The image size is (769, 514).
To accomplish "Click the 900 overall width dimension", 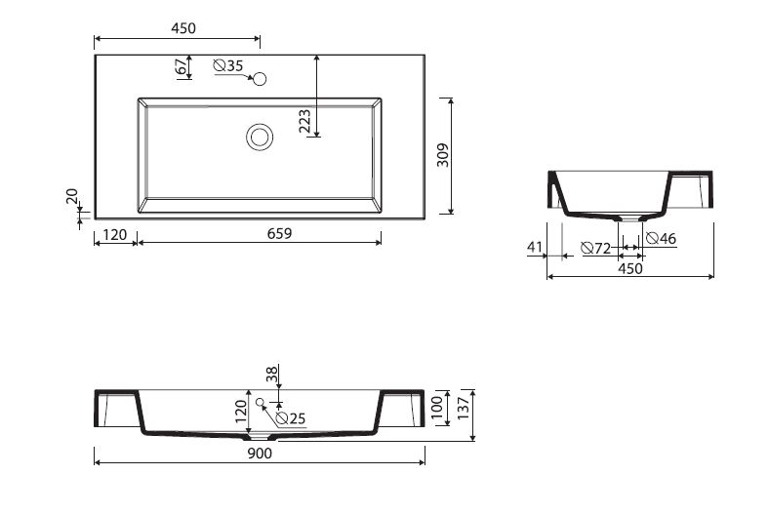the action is pos(260,454).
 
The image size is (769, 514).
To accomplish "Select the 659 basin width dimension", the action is pos(279,234).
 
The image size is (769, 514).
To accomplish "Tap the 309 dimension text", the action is pos(443,155).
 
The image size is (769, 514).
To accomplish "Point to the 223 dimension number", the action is pos(304,121).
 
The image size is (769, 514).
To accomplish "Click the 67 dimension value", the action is pos(182,66).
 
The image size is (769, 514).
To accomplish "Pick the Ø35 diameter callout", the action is pos(228,65).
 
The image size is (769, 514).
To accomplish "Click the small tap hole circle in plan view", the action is pos(260,78).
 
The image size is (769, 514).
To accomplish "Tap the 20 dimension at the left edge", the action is pos(72,196).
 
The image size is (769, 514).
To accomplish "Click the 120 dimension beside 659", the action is pos(115,235).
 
